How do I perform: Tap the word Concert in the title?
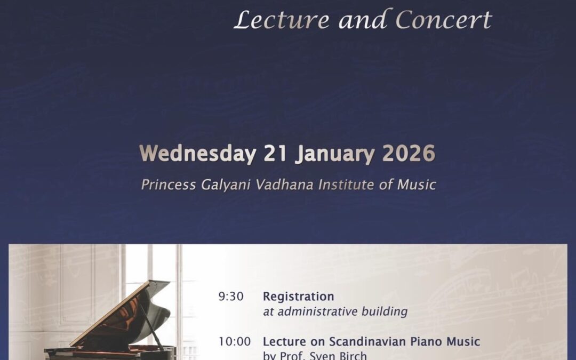point(443,20)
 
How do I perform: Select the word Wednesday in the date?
point(197,154)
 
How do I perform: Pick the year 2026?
point(409,154)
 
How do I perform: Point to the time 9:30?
point(231,297)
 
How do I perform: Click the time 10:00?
point(234,341)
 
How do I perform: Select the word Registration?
point(298,297)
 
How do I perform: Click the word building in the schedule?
point(387,311)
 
